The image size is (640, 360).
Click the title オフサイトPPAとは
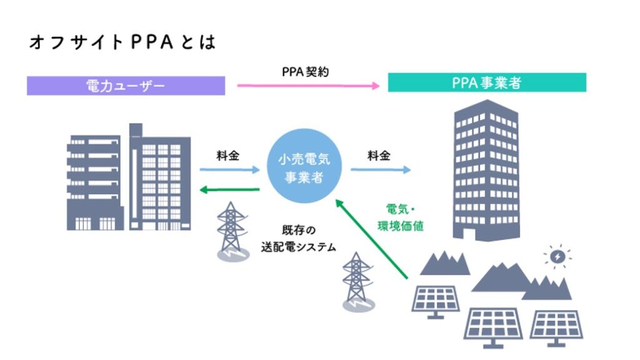coord(122,42)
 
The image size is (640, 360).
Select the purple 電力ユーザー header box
coord(126,86)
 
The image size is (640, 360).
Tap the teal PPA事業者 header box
coord(487,82)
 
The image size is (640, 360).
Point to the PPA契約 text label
coord(305,72)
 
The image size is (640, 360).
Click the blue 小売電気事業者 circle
coord(304,167)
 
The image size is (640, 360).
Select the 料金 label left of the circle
coord(227,155)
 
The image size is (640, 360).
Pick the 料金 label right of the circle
coord(379,155)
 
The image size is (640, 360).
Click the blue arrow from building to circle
coord(229,169)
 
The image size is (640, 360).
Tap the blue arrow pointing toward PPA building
coord(380,169)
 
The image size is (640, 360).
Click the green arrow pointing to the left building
coord(229,190)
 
